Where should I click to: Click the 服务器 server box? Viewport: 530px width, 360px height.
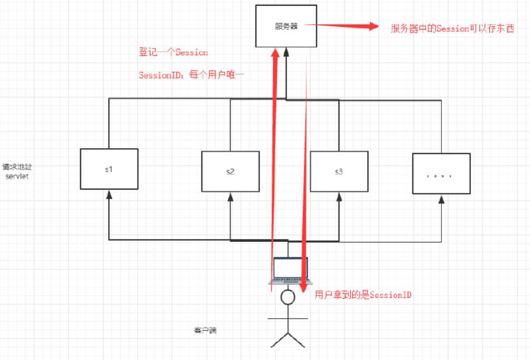[286, 26]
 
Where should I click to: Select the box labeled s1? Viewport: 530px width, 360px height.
[109, 169]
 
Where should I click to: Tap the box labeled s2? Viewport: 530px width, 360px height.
[230, 171]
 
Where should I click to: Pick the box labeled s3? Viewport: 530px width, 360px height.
[339, 171]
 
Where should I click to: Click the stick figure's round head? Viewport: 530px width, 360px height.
[287, 297]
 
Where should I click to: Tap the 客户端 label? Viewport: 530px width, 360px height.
[205, 331]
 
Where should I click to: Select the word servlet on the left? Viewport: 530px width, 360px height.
[17, 177]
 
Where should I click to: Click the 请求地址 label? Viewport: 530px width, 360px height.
[17, 167]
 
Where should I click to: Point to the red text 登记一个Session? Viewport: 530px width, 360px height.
[173, 52]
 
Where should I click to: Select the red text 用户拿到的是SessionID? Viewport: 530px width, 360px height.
[363, 295]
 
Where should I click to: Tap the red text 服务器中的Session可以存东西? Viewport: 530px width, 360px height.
[452, 28]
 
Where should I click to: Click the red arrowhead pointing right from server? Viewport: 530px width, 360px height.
[374, 26]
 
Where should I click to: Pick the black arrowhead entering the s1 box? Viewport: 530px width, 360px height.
[109, 194]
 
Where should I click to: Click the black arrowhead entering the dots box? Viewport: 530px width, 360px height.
[441, 198]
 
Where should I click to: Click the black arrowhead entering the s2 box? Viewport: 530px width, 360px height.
[230, 197]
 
